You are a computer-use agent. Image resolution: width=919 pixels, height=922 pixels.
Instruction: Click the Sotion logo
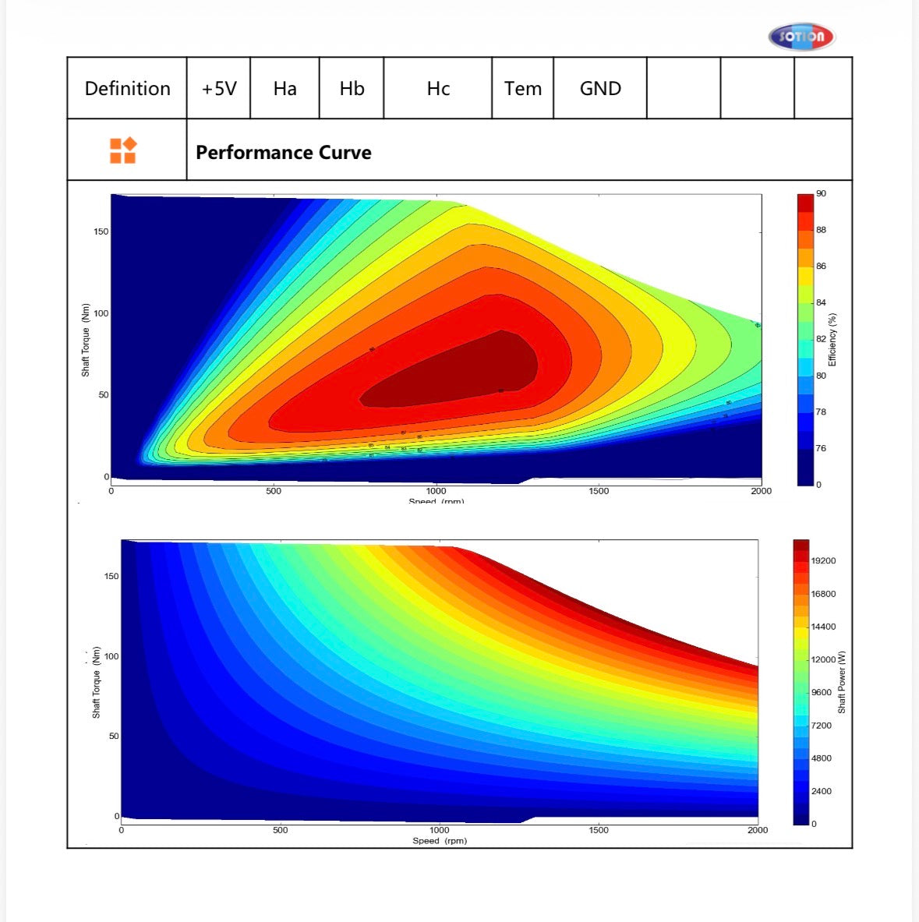point(801,37)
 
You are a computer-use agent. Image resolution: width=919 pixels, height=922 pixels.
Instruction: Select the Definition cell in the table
point(127,89)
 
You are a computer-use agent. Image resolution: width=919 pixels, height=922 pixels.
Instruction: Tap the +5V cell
point(219,89)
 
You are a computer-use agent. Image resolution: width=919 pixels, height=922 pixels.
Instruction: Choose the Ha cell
point(285,89)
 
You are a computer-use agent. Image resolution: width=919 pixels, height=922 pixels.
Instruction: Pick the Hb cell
point(352,89)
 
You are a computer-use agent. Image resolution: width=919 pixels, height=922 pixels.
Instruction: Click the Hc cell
point(438,89)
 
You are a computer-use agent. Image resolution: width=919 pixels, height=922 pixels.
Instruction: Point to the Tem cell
point(522,89)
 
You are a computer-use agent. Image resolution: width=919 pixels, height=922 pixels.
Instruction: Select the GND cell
point(600,89)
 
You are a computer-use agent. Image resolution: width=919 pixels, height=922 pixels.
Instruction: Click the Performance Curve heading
point(284,153)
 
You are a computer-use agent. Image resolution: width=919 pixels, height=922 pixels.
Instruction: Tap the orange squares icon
point(123,150)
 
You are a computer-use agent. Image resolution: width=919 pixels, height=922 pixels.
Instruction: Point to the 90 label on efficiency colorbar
point(821,193)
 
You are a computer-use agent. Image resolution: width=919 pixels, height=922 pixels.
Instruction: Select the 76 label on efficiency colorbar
point(821,448)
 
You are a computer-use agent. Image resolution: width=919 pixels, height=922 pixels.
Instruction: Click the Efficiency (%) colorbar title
point(832,340)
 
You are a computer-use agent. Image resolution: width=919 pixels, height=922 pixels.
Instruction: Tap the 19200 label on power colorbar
point(823,561)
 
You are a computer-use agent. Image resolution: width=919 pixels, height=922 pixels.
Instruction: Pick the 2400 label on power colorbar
point(821,791)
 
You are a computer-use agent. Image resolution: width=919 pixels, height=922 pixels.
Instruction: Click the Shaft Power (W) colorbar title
point(842,682)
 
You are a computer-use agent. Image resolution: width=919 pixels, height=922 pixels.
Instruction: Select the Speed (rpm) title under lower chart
point(440,841)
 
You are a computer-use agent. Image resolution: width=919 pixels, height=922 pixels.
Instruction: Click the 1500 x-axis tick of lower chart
point(599,830)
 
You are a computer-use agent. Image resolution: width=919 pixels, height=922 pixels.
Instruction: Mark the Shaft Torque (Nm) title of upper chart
point(86,340)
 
